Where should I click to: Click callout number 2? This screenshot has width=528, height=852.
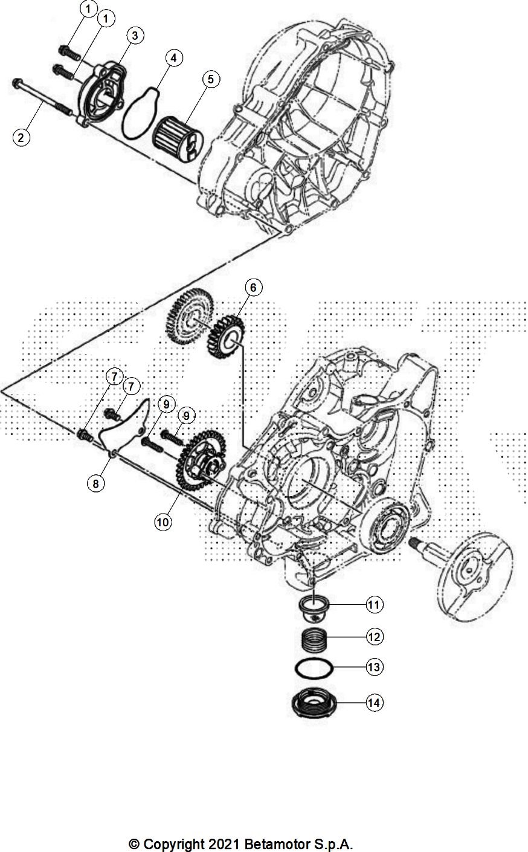point(21,137)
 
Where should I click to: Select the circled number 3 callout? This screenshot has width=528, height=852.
point(134,36)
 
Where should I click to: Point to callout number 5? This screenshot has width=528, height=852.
point(210,79)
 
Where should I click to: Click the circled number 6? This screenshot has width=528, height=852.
point(253,288)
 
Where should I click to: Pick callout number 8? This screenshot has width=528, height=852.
point(95,483)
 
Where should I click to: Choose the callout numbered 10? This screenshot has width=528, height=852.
point(163,521)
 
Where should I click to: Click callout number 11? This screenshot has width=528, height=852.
point(374,604)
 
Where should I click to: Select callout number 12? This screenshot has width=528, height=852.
point(374,636)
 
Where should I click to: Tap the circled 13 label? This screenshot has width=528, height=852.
point(374,667)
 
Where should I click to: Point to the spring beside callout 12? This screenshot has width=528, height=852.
point(314,639)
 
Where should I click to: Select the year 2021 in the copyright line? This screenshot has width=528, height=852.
point(226,844)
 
